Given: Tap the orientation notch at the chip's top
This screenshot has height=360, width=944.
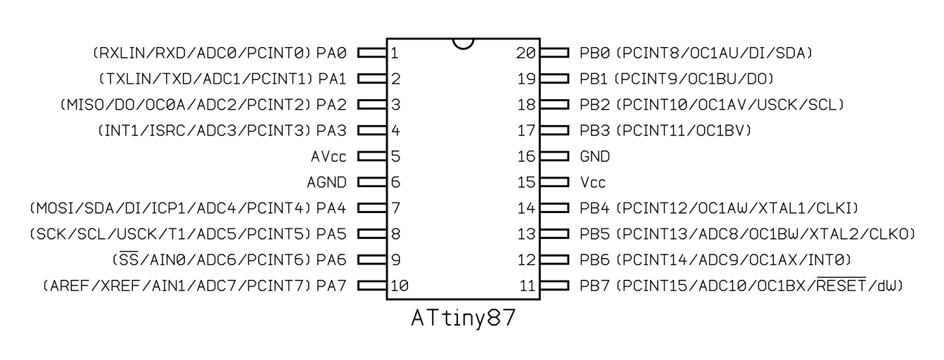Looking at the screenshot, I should point(464,43).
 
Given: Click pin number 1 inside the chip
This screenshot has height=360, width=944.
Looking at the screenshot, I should point(395,53).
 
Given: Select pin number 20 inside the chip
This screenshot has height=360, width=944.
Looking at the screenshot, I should point(527,53).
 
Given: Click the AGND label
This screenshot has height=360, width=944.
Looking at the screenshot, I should point(327,182).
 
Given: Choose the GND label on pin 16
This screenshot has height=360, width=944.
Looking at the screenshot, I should point(594,156).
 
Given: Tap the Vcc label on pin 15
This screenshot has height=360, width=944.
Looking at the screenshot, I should point(593,182).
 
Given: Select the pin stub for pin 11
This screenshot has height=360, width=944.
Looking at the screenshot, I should point(555,285).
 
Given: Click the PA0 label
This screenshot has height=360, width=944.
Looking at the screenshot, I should point(331,53).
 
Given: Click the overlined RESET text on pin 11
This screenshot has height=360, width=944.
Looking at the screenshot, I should point(848,285).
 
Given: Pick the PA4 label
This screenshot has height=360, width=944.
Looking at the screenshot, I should point(331,208).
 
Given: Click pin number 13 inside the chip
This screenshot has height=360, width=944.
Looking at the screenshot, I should point(527,233).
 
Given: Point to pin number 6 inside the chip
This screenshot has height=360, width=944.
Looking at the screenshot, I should point(395,182).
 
